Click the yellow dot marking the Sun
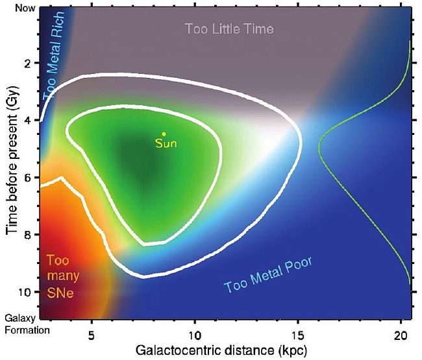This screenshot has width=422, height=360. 164,134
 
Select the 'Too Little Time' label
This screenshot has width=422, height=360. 229,29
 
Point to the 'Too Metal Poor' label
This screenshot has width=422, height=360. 268,274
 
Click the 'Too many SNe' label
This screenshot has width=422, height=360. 62,276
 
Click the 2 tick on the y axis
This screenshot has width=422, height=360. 28,64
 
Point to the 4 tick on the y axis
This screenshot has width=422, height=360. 28,121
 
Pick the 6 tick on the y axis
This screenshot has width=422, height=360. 28,178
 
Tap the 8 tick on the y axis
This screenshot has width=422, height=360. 28,235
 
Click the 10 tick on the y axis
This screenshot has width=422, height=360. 25,292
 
